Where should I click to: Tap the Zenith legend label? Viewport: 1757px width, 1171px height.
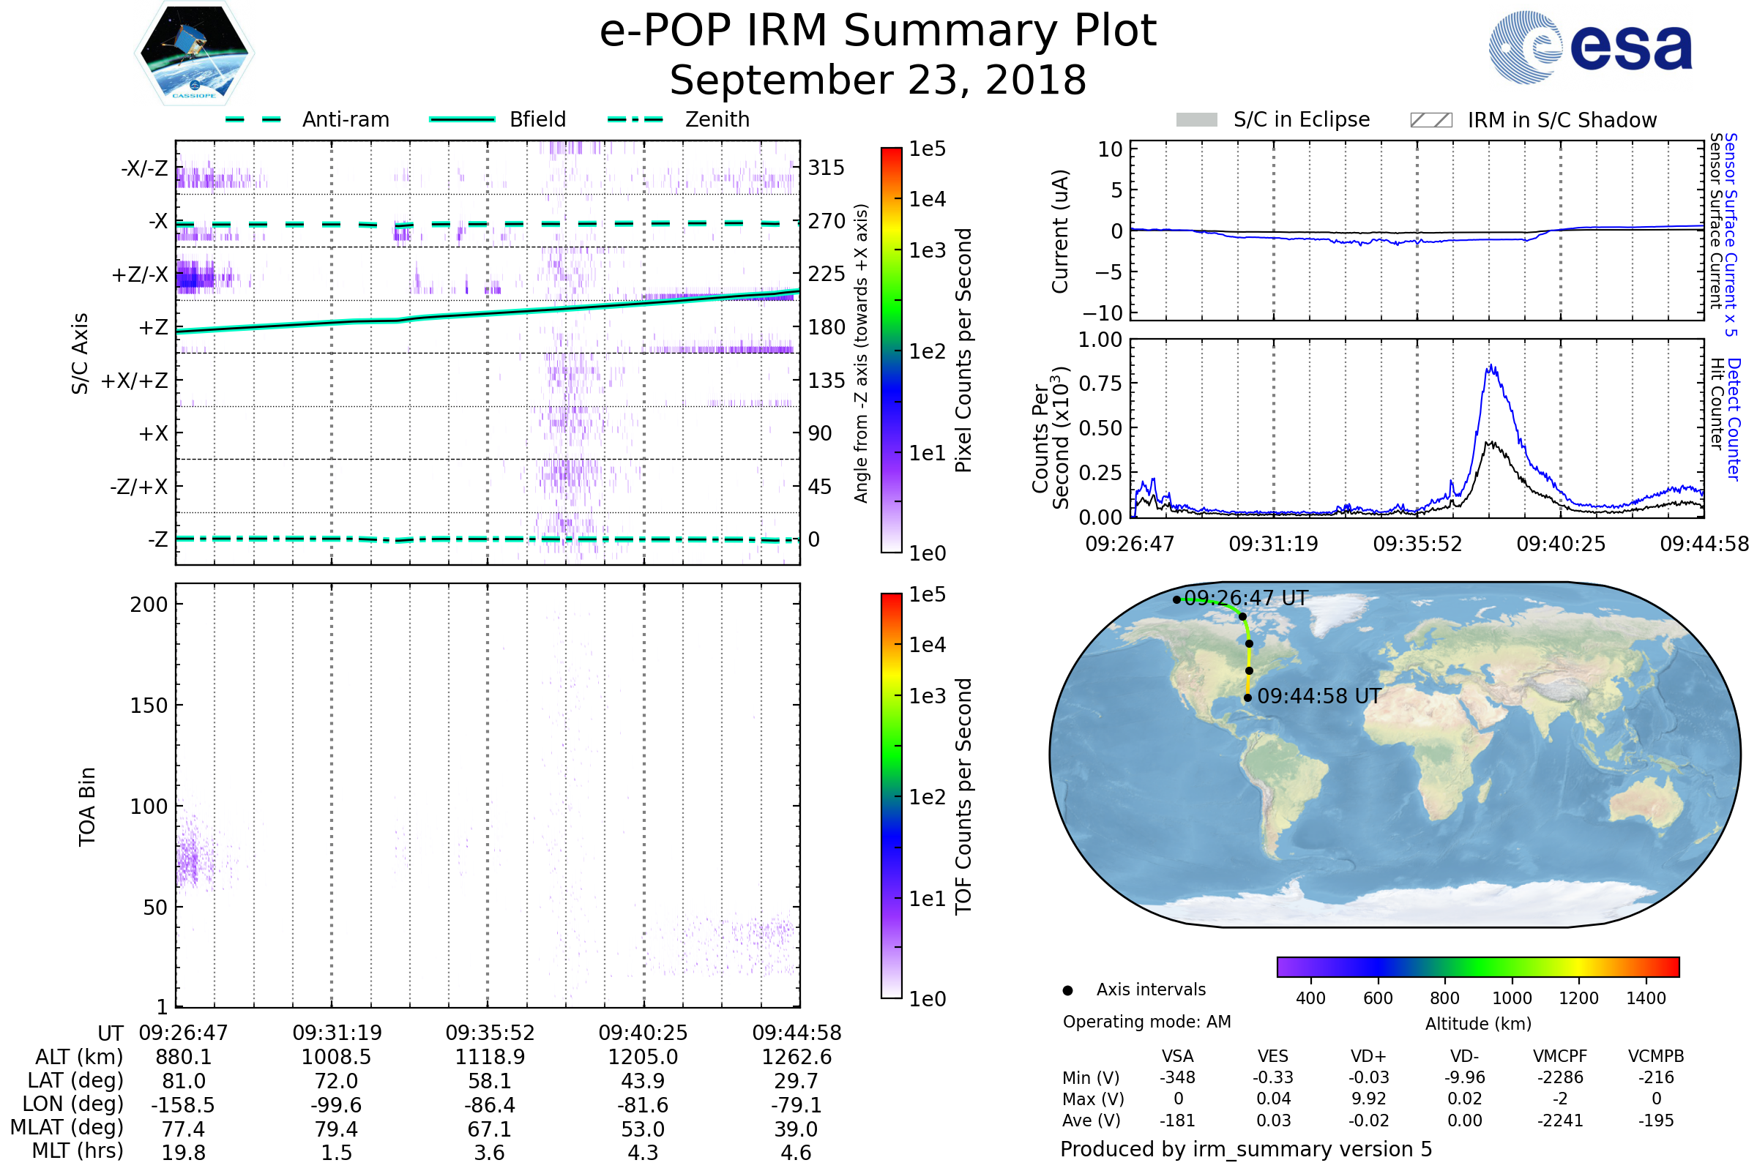(x=717, y=119)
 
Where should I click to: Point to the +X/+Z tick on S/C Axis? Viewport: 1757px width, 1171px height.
(x=135, y=381)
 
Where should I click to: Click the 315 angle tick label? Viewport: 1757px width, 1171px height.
(x=826, y=168)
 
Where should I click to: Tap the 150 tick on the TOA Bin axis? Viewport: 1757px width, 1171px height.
(x=149, y=706)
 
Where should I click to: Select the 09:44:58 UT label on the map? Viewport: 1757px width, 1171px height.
(x=1318, y=696)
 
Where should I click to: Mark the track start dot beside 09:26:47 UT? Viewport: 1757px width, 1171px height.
(x=1176, y=599)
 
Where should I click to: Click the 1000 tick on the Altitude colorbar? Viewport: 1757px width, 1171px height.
(x=1511, y=998)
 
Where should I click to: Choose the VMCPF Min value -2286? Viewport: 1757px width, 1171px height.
(x=1559, y=1077)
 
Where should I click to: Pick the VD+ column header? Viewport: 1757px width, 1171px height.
(x=1368, y=1056)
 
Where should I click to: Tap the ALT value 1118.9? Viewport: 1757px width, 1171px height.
(x=490, y=1058)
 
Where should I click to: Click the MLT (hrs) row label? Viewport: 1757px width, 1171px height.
(x=77, y=1151)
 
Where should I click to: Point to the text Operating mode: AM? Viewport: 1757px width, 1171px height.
(x=1146, y=1022)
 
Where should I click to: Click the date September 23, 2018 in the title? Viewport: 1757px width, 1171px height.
(x=878, y=81)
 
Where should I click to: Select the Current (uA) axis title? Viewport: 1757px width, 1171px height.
(x=1060, y=231)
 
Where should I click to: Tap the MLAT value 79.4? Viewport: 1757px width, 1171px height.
(x=337, y=1129)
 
